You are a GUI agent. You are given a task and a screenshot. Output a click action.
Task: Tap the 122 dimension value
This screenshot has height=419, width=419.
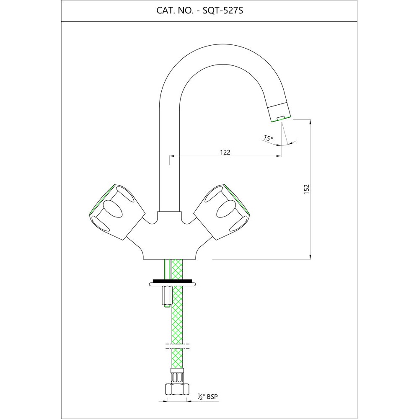pos(225,153)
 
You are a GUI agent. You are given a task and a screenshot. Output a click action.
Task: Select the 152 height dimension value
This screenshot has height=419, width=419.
pos(307,189)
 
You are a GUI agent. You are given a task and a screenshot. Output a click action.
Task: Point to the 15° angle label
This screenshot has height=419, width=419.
pos(268,138)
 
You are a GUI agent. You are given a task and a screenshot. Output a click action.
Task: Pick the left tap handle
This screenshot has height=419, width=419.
pos(117,211)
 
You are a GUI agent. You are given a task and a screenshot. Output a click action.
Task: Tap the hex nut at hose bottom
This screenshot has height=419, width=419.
pos(177,389)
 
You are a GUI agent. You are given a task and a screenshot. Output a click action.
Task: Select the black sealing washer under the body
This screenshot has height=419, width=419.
pos(172,281)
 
